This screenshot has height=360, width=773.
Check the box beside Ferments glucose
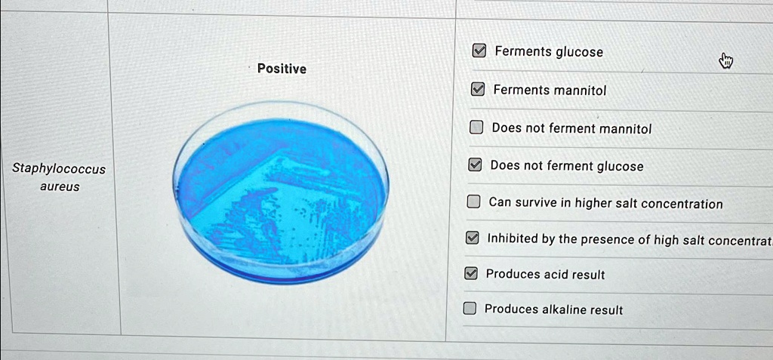click(479, 51)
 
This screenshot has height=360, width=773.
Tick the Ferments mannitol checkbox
click(478, 90)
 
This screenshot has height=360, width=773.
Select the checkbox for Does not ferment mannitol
click(476, 128)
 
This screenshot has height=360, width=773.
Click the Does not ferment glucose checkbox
click(475, 165)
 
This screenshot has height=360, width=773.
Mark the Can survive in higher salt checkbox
click(473, 202)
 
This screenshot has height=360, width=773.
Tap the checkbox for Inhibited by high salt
click(472, 238)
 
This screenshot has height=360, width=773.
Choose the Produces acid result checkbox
click(470, 274)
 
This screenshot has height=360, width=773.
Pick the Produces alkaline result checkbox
click(470, 309)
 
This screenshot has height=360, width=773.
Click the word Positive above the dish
click(282, 69)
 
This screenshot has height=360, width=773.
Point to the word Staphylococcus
click(59, 169)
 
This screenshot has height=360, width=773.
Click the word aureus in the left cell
click(59, 186)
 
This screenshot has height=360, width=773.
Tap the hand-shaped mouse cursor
click(725, 61)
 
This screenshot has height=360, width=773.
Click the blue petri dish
click(281, 192)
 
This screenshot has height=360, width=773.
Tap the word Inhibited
click(512, 239)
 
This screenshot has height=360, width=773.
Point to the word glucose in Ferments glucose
click(579, 52)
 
